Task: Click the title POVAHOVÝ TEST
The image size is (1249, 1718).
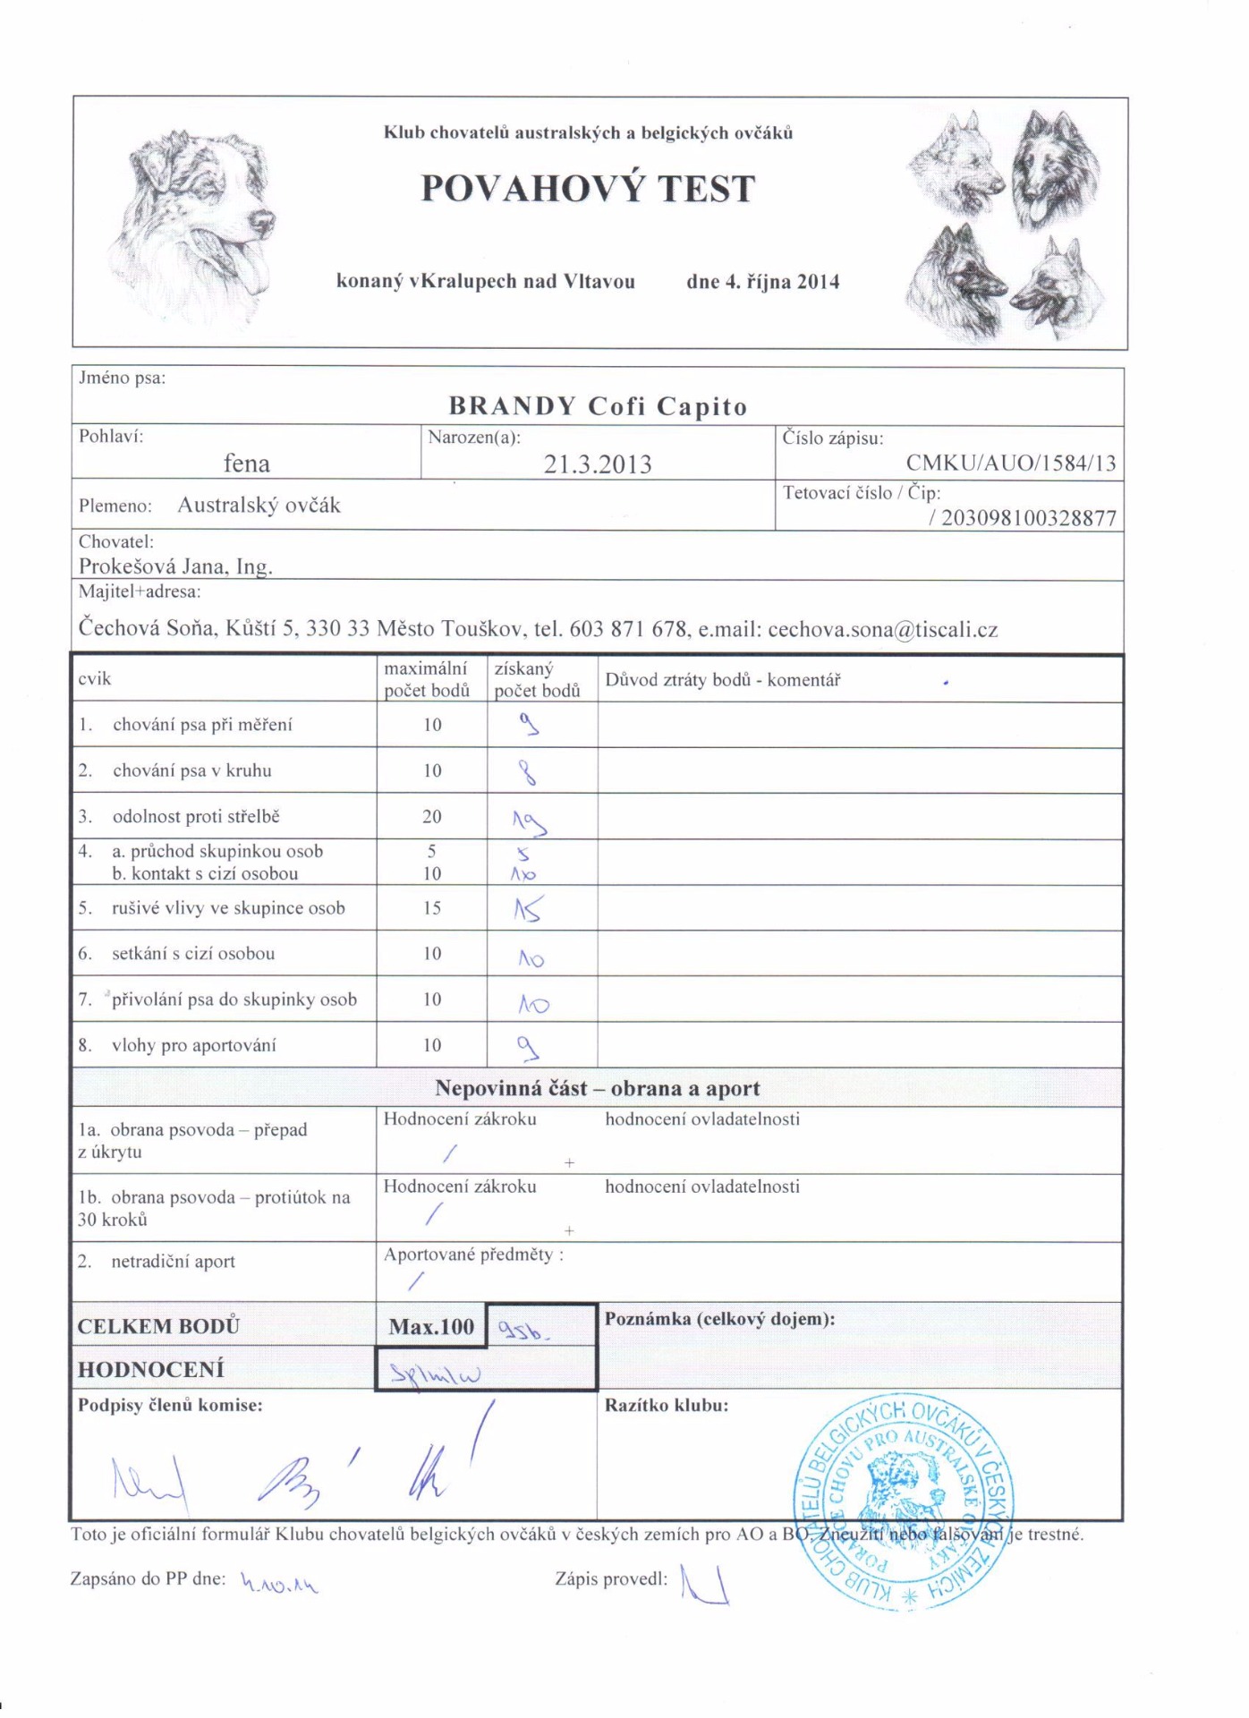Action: pyautogui.click(x=588, y=189)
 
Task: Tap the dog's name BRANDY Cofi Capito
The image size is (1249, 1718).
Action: pyautogui.click(x=598, y=406)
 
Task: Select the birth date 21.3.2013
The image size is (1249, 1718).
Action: pyautogui.click(x=598, y=464)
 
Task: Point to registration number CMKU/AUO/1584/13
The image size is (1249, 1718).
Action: pyautogui.click(x=1011, y=463)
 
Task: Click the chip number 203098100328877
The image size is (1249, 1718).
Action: pyautogui.click(x=1028, y=518)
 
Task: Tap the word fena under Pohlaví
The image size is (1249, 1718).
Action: pyautogui.click(x=246, y=464)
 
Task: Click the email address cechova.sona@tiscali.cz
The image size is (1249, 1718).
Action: pyautogui.click(x=882, y=629)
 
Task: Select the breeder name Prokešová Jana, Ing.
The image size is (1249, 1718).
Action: pyautogui.click(x=175, y=566)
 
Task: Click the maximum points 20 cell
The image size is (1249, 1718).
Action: pyautogui.click(x=432, y=817)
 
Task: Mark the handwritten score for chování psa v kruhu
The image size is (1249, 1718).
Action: pyautogui.click(x=529, y=772)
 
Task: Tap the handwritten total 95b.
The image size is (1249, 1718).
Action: pyautogui.click(x=523, y=1332)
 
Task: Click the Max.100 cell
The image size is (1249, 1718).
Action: pyautogui.click(x=431, y=1326)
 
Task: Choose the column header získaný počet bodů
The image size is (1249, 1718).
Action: pyautogui.click(x=537, y=680)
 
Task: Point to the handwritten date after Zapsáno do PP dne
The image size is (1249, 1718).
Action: pyautogui.click(x=279, y=1584)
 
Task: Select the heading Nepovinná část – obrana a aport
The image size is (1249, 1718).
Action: pyautogui.click(x=597, y=1088)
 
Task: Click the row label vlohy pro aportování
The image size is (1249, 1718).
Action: pyautogui.click(x=193, y=1045)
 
